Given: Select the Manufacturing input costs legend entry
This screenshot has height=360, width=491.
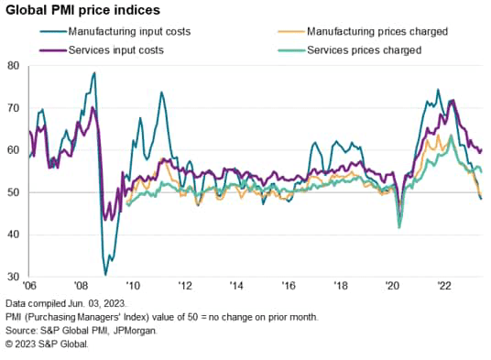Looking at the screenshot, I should pos(120,32).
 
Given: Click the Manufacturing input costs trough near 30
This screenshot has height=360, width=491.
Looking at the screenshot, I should pos(105,273).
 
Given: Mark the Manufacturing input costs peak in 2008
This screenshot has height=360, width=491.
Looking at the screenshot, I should pos(93,73).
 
